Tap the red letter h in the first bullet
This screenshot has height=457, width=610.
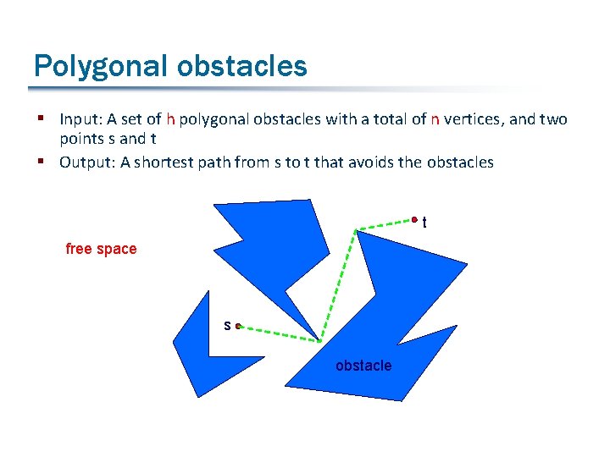tap(170, 120)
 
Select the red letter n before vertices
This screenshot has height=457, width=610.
tap(435, 120)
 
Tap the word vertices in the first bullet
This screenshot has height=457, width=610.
tap(473, 120)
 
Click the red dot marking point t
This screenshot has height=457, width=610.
tap(414, 221)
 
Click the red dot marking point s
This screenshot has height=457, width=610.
tap(239, 326)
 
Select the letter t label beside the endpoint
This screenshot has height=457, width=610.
tap(424, 223)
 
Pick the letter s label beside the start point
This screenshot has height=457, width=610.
tap(227, 325)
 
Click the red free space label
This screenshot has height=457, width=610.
tap(101, 249)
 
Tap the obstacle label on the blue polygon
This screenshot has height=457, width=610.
tap(363, 366)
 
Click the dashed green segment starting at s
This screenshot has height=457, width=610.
tap(280, 333)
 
